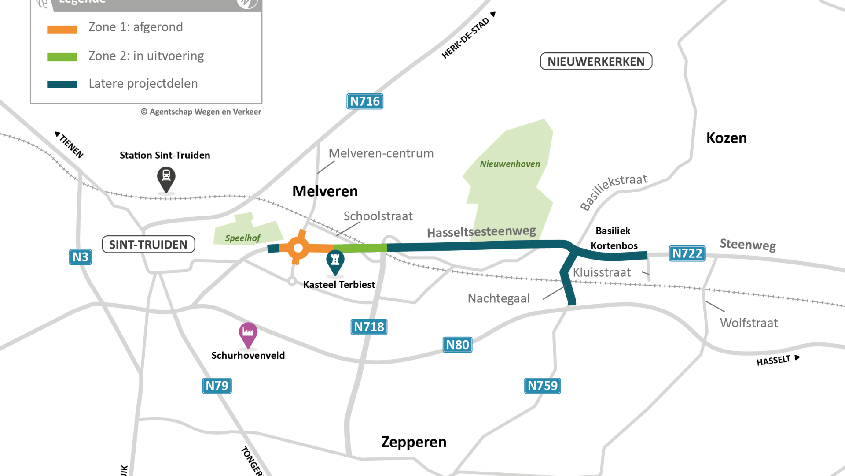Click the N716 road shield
(364, 101)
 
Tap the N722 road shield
(687, 253)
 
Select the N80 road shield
(457, 345)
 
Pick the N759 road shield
(542, 386)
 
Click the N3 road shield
(81, 257)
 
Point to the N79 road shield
(217, 386)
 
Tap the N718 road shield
(369, 327)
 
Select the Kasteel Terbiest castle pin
(335, 261)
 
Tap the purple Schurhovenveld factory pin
(248, 334)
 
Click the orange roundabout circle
(298, 248)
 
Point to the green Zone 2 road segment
(360, 248)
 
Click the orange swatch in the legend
(62, 30)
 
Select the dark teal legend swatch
(62, 84)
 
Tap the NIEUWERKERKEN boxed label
(596, 61)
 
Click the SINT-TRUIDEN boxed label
(148, 244)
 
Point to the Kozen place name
(726, 138)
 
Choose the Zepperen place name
(414, 442)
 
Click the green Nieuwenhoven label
(510, 164)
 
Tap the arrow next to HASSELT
(797, 357)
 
